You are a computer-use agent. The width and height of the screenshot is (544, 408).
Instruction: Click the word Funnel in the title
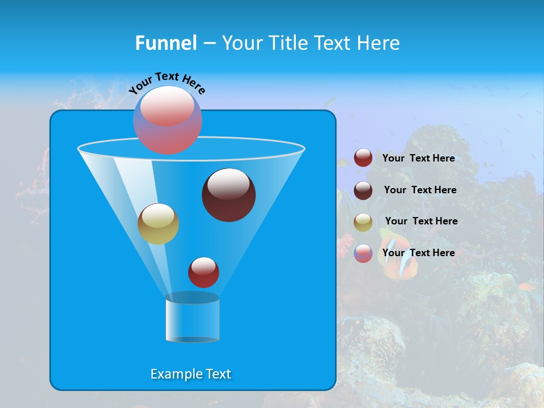click(165, 43)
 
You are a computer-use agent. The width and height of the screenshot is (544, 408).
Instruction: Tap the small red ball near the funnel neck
click(203, 273)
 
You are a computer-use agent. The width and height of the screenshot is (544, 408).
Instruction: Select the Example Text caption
click(190, 374)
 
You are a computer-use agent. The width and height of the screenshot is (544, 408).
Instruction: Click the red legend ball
click(363, 158)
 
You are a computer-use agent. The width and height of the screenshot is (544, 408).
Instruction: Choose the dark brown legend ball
click(363, 190)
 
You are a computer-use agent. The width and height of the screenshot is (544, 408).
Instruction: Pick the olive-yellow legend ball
click(363, 222)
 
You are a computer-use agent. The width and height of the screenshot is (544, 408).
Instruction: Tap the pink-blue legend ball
click(363, 254)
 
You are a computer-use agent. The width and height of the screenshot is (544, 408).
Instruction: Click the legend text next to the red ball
click(418, 159)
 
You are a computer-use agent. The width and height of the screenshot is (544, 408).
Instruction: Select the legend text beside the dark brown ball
click(420, 190)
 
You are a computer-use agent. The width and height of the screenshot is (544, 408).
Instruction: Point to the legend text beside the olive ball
click(421, 222)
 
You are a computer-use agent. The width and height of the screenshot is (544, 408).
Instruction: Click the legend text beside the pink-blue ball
click(418, 253)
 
